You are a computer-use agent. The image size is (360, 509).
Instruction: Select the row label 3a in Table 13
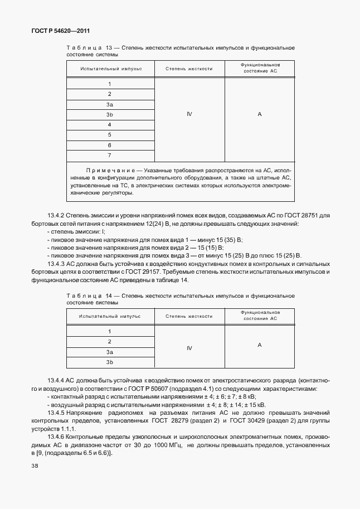tap(110, 104)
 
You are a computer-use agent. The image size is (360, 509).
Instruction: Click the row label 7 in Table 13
tap(110, 155)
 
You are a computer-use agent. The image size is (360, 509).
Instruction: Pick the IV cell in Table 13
tap(189, 114)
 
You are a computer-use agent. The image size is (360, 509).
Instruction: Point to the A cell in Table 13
tap(260, 114)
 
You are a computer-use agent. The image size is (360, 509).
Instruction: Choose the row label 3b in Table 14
tap(110, 362)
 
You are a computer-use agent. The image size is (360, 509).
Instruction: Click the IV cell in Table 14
tap(189, 347)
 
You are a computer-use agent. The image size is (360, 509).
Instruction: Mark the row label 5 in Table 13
tap(110, 135)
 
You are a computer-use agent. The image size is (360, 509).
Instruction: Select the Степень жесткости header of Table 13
tap(189, 69)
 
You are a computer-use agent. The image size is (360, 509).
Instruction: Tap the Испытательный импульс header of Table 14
tap(110, 316)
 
